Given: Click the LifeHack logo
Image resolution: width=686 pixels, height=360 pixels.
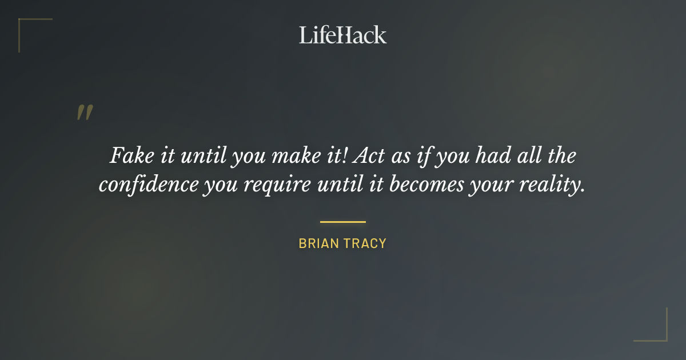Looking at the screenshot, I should point(342,35).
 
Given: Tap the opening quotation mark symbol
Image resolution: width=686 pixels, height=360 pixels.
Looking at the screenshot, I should point(84,113).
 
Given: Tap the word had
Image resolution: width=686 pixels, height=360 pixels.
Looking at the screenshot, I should point(493,155).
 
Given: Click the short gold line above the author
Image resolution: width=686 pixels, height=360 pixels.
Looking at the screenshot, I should point(342,222).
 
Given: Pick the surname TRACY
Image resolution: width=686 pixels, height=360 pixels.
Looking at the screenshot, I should point(364,243).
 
